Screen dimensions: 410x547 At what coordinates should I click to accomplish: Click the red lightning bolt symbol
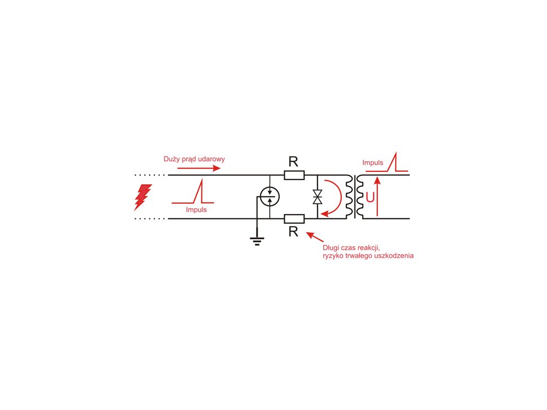[x=143, y=196]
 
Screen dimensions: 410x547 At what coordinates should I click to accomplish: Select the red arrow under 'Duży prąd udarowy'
[x=198, y=168]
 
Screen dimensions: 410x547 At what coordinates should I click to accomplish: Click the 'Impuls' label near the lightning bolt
[x=196, y=210]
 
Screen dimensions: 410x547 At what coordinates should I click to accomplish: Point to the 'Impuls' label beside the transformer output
[x=372, y=162]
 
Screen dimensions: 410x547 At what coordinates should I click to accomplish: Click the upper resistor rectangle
[x=294, y=175]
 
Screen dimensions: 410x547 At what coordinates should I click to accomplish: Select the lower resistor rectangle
[x=294, y=218]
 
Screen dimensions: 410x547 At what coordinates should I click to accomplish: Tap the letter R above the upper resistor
[x=293, y=162]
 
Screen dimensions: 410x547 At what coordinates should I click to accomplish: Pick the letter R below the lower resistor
[x=293, y=231]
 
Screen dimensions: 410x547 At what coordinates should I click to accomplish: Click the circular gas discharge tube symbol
[x=269, y=197]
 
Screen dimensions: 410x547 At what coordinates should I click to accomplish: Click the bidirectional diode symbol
[x=318, y=196]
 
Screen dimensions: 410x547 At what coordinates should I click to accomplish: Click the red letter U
[x=370, y=198]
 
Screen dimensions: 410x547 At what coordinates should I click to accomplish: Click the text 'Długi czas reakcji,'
[x=351, y=248]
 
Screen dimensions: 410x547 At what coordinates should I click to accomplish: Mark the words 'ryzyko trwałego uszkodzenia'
[x=368, y=256]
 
